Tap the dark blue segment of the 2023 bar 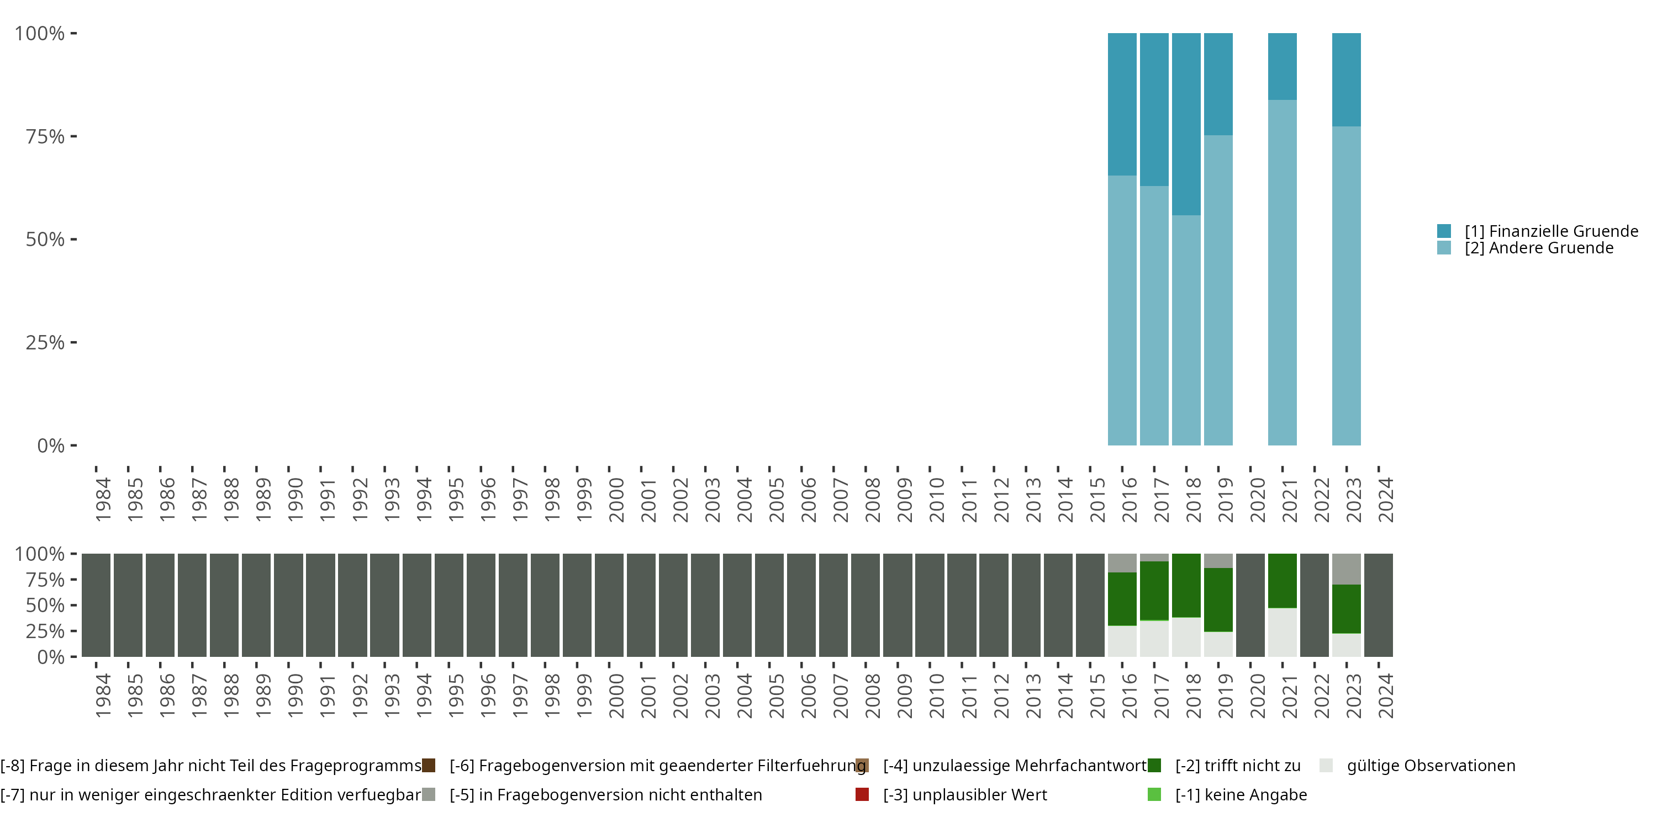[1347, 79]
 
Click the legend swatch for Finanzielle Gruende [1444, 231]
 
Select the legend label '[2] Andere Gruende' [1539, 248]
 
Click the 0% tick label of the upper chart [51, 445]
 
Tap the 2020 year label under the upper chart [1258, 500]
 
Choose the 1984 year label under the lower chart [103, 696]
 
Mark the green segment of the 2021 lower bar [1282, 581]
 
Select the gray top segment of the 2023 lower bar [1347, 569]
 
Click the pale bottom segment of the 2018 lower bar [1186, 636]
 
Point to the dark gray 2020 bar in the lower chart [1250, 605]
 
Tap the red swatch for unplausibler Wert [862, 794]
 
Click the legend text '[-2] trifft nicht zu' [1238, 766]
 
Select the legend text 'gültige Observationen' [1431, 766]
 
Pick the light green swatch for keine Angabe [1154, 794]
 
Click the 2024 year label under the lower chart [1386, 696]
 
